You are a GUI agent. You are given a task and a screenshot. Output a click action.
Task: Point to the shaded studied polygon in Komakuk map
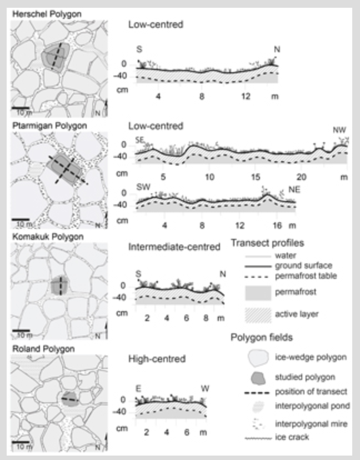(58, 286)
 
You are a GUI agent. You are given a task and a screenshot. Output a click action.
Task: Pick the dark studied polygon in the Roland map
(69, 399)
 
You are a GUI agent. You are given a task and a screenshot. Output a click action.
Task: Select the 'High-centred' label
(156, 359)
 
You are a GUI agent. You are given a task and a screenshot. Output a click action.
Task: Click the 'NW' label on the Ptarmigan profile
(339, 130)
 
